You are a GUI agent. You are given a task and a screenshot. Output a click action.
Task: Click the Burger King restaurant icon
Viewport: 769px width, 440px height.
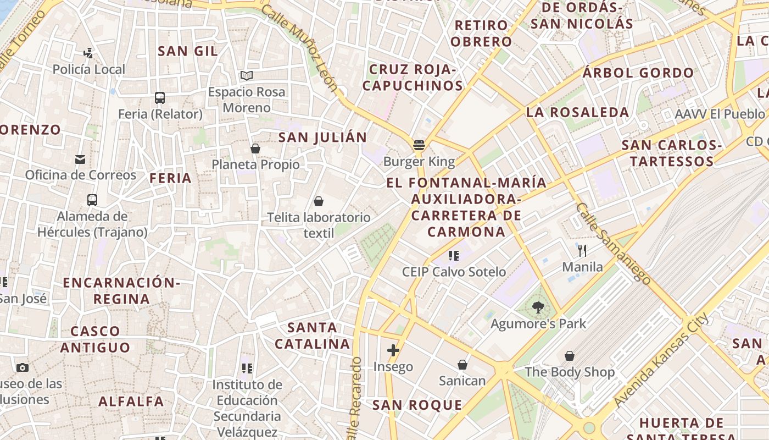point(419,146)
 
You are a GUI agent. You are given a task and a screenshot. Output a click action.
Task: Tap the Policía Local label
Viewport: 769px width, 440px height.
point(89,69)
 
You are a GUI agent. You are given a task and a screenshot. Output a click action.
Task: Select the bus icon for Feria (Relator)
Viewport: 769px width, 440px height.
point(160,98)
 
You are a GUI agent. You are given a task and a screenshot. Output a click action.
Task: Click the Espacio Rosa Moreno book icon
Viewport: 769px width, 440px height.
point(247,75)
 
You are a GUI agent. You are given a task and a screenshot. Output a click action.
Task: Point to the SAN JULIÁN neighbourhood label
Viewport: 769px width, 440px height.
point(322,137)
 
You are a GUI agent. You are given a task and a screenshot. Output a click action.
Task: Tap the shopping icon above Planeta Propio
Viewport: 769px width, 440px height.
point(255,148)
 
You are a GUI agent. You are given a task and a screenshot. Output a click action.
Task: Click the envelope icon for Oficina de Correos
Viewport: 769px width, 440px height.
point(80,159)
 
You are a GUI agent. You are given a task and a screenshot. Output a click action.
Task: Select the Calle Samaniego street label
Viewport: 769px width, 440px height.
point(613,243)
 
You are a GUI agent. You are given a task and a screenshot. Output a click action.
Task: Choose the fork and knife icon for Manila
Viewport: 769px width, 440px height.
point(582,251)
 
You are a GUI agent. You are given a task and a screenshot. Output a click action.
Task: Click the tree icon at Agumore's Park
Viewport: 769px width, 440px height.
point(538,308)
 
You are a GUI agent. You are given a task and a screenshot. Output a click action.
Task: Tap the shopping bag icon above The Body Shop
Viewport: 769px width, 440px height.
point(570,356)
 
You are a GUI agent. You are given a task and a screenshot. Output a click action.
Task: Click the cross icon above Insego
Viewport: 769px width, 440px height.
point(393,350)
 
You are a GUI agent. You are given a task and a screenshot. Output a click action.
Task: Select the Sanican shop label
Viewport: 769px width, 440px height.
point(462,381)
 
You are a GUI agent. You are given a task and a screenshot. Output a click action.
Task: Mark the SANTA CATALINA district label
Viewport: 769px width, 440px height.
point(312,335)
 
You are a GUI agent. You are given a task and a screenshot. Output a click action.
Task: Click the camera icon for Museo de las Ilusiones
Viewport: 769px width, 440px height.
point(23,367)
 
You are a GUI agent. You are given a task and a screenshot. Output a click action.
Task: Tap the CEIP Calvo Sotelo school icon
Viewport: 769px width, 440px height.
point(454,255)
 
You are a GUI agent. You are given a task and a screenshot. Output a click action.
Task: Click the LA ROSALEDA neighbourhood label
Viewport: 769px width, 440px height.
point(578,112)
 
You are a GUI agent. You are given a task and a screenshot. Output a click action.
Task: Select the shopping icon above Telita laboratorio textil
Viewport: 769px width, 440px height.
point(319,201)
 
